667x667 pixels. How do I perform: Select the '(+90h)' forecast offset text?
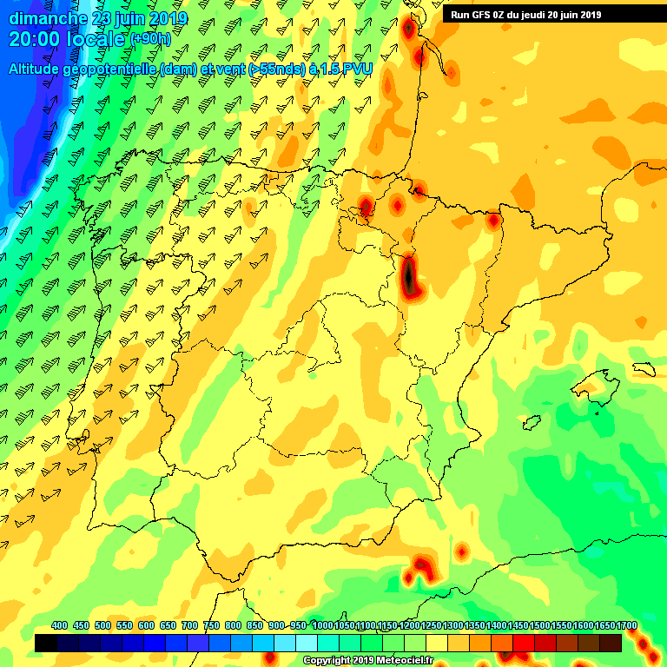(151, 39)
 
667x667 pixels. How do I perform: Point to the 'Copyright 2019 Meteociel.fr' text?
(368, 660)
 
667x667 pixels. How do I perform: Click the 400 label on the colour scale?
(60, 625)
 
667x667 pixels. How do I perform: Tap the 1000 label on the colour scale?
(322, 625)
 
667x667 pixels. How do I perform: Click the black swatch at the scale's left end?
(46, 643)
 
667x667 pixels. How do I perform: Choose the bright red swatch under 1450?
(524, 643)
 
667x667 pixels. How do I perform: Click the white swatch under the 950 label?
(307, 643)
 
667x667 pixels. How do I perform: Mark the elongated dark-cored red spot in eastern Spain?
(410, 276)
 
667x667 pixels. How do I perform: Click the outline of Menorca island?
(643, 368)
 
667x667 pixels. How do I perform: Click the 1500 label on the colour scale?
(540, 625)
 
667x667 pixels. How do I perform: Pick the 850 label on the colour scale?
(255, 625)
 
